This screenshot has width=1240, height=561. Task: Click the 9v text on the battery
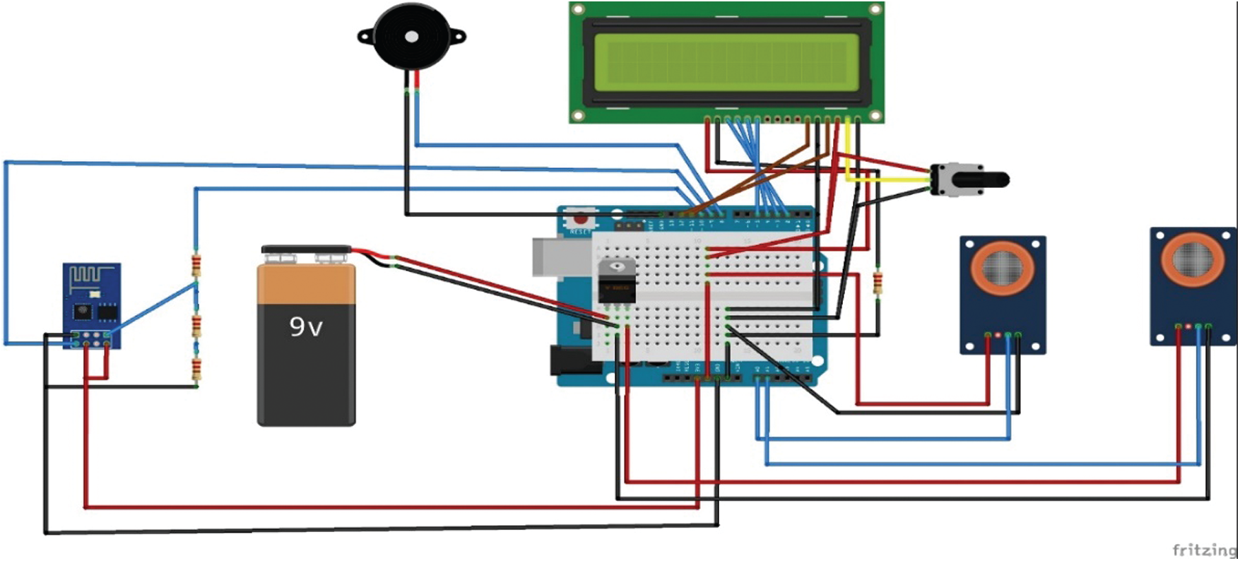coord(306,326)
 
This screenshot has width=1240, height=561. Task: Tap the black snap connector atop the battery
coord(306,249)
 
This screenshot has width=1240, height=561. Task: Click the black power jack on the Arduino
coord(569,360)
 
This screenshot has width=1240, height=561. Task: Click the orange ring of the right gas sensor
coord(1193,259)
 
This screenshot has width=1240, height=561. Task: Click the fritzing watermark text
coord(1204,550)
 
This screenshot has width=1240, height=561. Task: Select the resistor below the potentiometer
coord(878,283)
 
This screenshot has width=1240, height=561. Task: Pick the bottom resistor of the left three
coord(196,369)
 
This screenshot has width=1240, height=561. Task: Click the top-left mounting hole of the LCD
coord(578,10)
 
